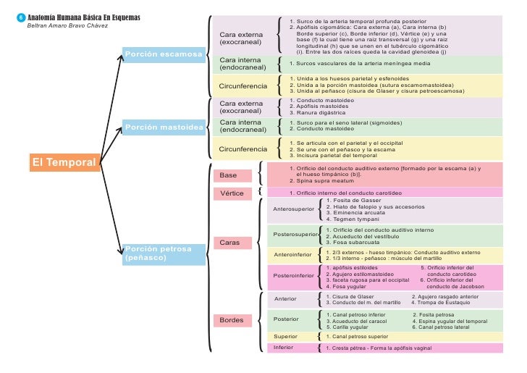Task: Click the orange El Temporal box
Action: click(64, 162)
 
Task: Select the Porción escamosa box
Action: click(164, 54)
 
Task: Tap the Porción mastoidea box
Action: click(164, 127)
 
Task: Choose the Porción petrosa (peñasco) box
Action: click(164, 253)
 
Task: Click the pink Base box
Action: click(232, 175)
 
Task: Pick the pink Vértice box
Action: click(232, 193)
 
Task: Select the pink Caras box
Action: click(232, 242)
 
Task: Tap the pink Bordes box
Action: click(232, 319)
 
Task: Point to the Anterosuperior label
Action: click(293, 209)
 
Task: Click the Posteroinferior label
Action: click(293, 275)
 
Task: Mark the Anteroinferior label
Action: click(293, 255)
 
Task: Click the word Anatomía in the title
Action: click(45, 17)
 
